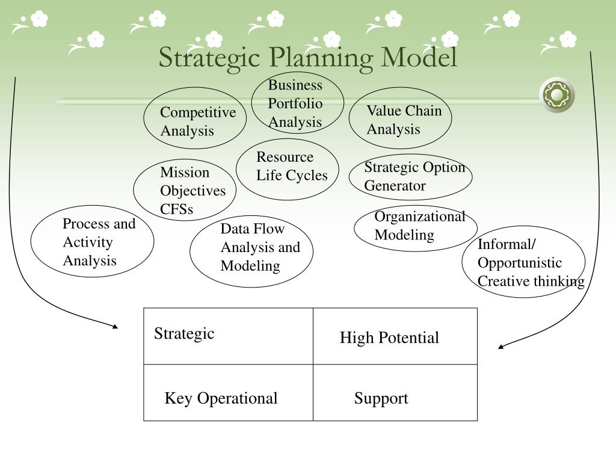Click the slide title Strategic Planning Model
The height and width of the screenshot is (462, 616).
(308, 58)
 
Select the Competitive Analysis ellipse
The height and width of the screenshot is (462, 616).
(195, 119)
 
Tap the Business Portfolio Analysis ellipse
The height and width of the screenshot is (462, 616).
(297, 103)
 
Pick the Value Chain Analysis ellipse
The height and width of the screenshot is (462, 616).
(400, 119)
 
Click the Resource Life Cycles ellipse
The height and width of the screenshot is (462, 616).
(288, 169)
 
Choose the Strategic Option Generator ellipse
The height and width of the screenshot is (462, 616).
(410, 176)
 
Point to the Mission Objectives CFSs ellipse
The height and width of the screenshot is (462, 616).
(185, 191)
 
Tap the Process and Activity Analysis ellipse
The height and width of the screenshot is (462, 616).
(92, 242)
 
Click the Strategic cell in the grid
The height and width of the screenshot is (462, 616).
(228, 336)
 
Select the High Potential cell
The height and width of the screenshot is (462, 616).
(395, 337)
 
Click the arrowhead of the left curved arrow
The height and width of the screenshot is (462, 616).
(115, 327)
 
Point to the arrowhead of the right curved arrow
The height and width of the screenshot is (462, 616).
(501, 346)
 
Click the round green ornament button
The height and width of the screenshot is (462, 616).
(556, 95)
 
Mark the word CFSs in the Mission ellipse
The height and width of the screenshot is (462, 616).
(176, 209)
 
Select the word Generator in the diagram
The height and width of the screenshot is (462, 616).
(395, 186)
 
